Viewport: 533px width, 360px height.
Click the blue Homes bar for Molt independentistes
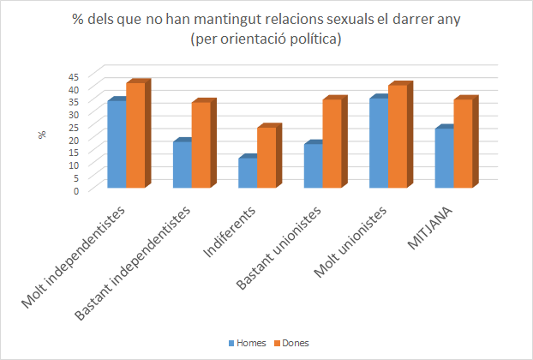tap(117, 144)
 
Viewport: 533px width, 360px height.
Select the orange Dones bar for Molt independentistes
tap(135, 135)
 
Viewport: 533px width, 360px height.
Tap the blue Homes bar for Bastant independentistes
tap(182, 164)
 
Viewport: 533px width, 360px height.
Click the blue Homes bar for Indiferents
tap(248, 172)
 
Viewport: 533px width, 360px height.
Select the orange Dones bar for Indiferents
tap(266, 157)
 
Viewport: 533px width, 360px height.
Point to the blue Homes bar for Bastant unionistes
tap(313, 165)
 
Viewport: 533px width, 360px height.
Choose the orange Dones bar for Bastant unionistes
tap(332, 143)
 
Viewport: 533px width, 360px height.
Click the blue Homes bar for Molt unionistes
tap(379, 143)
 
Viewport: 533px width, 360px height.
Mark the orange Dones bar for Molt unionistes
tap(398, 136)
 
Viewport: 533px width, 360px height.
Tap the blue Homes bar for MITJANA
tap(444, 158)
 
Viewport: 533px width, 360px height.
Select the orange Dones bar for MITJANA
tap(463, 143)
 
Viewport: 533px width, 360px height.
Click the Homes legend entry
tap(247, 343)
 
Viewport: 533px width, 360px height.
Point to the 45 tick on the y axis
tap(74, 76)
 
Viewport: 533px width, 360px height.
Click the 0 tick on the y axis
tap(76, 190)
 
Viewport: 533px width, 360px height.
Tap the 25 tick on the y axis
tap(74, 127)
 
